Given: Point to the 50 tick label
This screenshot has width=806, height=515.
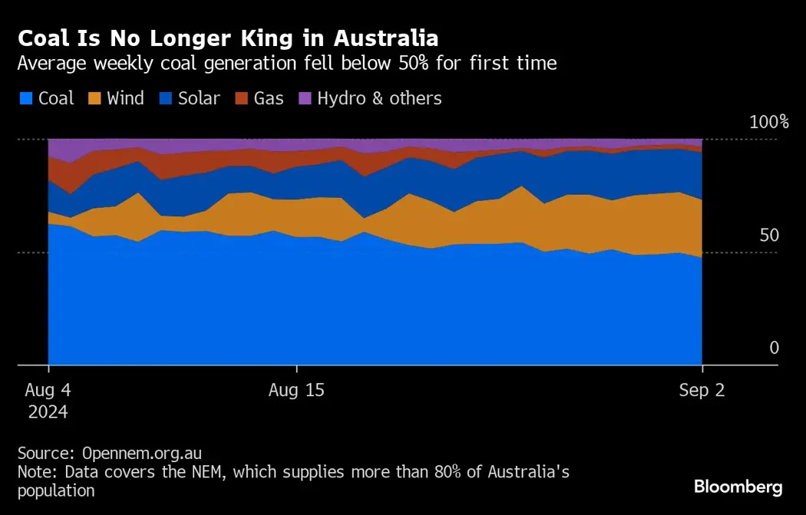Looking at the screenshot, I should [768, 236].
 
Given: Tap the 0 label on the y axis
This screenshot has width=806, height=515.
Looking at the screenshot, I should [774, 348].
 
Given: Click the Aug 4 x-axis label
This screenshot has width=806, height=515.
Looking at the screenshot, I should [48, 391].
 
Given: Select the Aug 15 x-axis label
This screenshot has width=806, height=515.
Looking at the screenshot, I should [296, 391].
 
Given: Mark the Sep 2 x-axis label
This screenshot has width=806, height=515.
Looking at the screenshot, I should [702, 391].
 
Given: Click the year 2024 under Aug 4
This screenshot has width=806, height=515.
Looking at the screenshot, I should [48, 412].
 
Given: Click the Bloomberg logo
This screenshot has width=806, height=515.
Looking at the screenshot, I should [738, 487].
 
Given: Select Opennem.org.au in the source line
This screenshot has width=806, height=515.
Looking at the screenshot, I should [142, 453].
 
